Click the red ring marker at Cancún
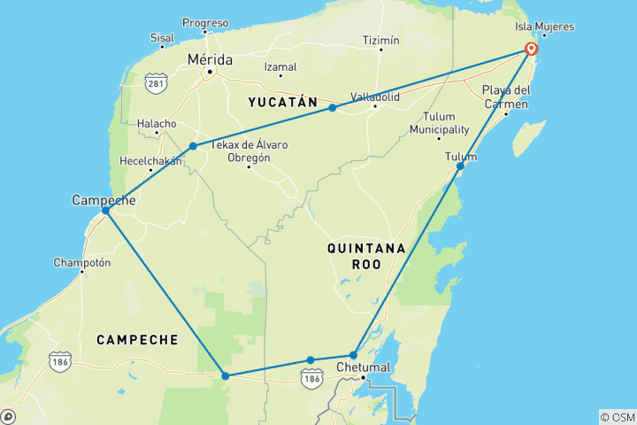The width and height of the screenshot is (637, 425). pos(531,50)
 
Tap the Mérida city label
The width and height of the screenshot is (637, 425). pos(210,59)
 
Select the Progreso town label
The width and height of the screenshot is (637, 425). pos(204,22)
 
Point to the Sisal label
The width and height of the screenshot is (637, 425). pos(162,39)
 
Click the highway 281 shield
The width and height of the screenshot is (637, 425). pos(157,83)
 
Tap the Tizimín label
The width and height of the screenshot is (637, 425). pos(381,41)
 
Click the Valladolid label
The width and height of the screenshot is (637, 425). pos(374,96)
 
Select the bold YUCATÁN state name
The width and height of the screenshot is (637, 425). pos(282,103)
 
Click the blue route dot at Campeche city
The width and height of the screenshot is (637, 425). pos(105,211)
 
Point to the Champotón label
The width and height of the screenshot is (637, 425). pos(81,262)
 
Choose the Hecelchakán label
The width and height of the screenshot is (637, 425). pos(151,161)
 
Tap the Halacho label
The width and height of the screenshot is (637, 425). pos(157,124)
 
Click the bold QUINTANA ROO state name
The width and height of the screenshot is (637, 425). pos(365,256)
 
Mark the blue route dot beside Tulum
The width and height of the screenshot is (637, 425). pos(460,166)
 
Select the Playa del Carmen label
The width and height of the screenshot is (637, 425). pos(506,97)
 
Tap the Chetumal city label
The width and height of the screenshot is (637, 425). pos(365,367)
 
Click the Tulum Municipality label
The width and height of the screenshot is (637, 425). pos(438,123)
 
